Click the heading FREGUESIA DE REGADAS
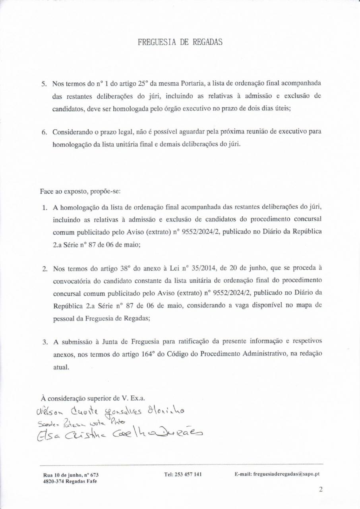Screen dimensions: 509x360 [180, 42]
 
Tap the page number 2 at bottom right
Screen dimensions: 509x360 [320, 490]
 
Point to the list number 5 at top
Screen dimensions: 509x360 [44, 84]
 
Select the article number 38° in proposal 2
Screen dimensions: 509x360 [126, 268]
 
